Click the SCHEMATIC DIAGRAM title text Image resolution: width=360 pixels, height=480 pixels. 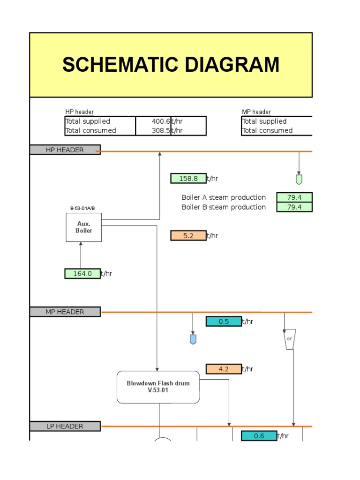(x=171, y=65)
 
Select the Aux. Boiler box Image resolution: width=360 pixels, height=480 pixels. (x=83, y=227)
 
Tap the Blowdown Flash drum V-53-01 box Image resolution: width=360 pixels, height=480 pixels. (x=158, y=387)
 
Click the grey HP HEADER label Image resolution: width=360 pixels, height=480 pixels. (x=65, y=150)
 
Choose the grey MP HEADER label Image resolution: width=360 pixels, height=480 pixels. (x=65, y=312)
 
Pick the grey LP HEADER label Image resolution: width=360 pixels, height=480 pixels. (x=65, y=426)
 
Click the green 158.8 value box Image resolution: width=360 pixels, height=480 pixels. (x=188, y=179)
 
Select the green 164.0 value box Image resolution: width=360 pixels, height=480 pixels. (x=82, y=273)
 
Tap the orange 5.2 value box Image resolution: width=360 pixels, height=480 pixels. (x=188, y=236)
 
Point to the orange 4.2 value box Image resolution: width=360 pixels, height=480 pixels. (x=224, y=369)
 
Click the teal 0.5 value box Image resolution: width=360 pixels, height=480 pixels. (x=224, y=322)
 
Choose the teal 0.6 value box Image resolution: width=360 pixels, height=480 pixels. (x=259, y=435)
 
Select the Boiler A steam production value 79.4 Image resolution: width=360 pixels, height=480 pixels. (x=294, y=197)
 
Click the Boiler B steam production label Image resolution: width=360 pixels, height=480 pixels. (x=224, y=207)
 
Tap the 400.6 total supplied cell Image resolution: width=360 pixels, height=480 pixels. (x=153, y=121)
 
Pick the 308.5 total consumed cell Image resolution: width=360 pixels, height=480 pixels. (x=153, y=130)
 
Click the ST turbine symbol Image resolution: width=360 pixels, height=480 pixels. (x=290, y=339)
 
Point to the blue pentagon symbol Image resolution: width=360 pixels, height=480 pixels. (x=193, y=339)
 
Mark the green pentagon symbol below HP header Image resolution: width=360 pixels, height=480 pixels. (x=299, y=180)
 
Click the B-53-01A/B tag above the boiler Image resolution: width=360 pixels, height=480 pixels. (x=82, y=208)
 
